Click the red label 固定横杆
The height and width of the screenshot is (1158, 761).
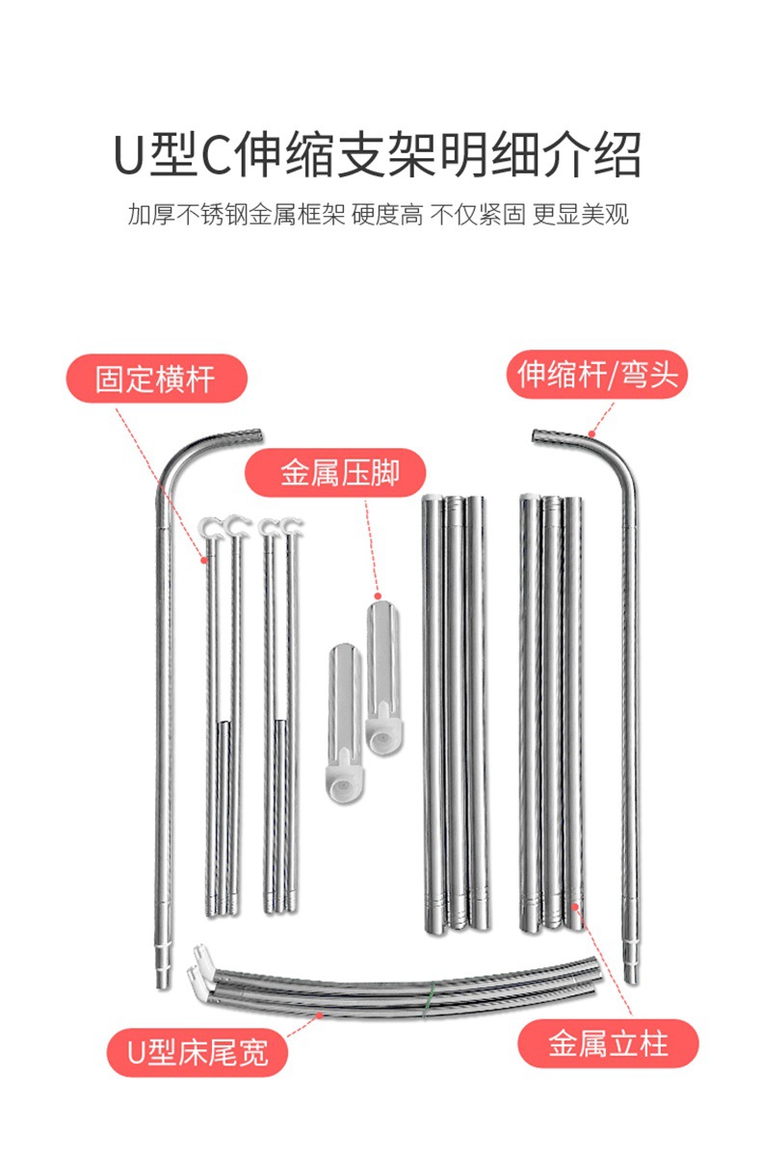155,379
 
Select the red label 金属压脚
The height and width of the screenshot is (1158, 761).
339,473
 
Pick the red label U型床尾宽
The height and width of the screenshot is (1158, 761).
197,1051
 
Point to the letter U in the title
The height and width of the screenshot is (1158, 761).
129,154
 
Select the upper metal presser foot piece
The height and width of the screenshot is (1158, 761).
382,665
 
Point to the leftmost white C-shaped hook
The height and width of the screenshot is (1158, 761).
210,528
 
